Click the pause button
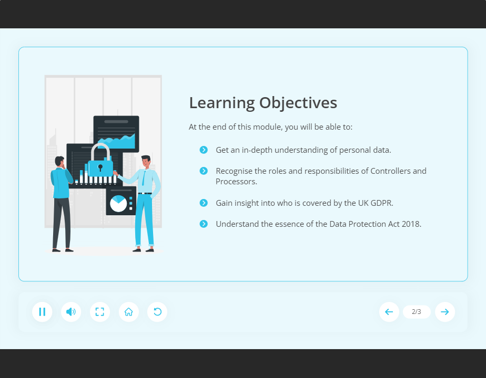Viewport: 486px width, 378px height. click(42, 312)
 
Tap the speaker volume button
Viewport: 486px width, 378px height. click(71, 312)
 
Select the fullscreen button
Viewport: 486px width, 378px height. click(100, 312)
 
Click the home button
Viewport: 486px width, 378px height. click(129, 312)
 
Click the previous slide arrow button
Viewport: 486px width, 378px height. click(389, 312)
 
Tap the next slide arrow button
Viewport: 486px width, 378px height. click(445, 312)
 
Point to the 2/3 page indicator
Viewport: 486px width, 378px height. click(417, 312)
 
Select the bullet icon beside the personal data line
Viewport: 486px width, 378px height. click(204, 150)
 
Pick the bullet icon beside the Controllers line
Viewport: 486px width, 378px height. click(204, 171)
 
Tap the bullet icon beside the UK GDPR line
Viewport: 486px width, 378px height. click(204, 203)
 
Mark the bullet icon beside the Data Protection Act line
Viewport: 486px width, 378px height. click(204, 224)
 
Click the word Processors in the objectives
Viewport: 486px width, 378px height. click(235, 182)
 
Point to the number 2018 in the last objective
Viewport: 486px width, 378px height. click(411, 224)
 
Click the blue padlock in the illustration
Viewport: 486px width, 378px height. click(100, 165)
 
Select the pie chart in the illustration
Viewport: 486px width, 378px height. click(118, 203)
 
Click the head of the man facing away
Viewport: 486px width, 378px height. click(59, 162)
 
